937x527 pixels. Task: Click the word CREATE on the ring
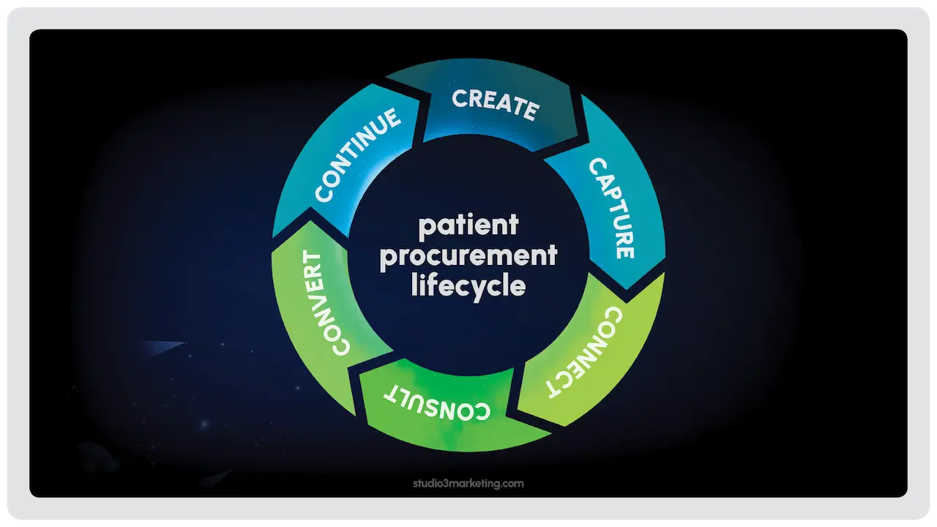point(496,104)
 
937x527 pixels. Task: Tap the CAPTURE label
point(611,208)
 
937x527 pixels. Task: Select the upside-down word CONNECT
point(585,352)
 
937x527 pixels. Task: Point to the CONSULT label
point(437,403)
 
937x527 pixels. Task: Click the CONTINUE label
point(357,154)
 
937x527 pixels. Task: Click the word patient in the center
point(468,226)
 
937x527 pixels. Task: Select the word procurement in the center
point(468,256)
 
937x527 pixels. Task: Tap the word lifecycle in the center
point(468,288)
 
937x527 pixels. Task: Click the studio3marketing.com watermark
point(468,484)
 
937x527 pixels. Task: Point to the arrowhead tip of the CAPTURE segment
point(627,288)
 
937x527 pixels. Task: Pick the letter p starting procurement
point(387,259)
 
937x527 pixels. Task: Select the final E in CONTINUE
point(392,118)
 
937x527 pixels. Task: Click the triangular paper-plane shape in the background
point(164,347)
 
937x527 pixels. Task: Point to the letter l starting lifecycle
point(414,285)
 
